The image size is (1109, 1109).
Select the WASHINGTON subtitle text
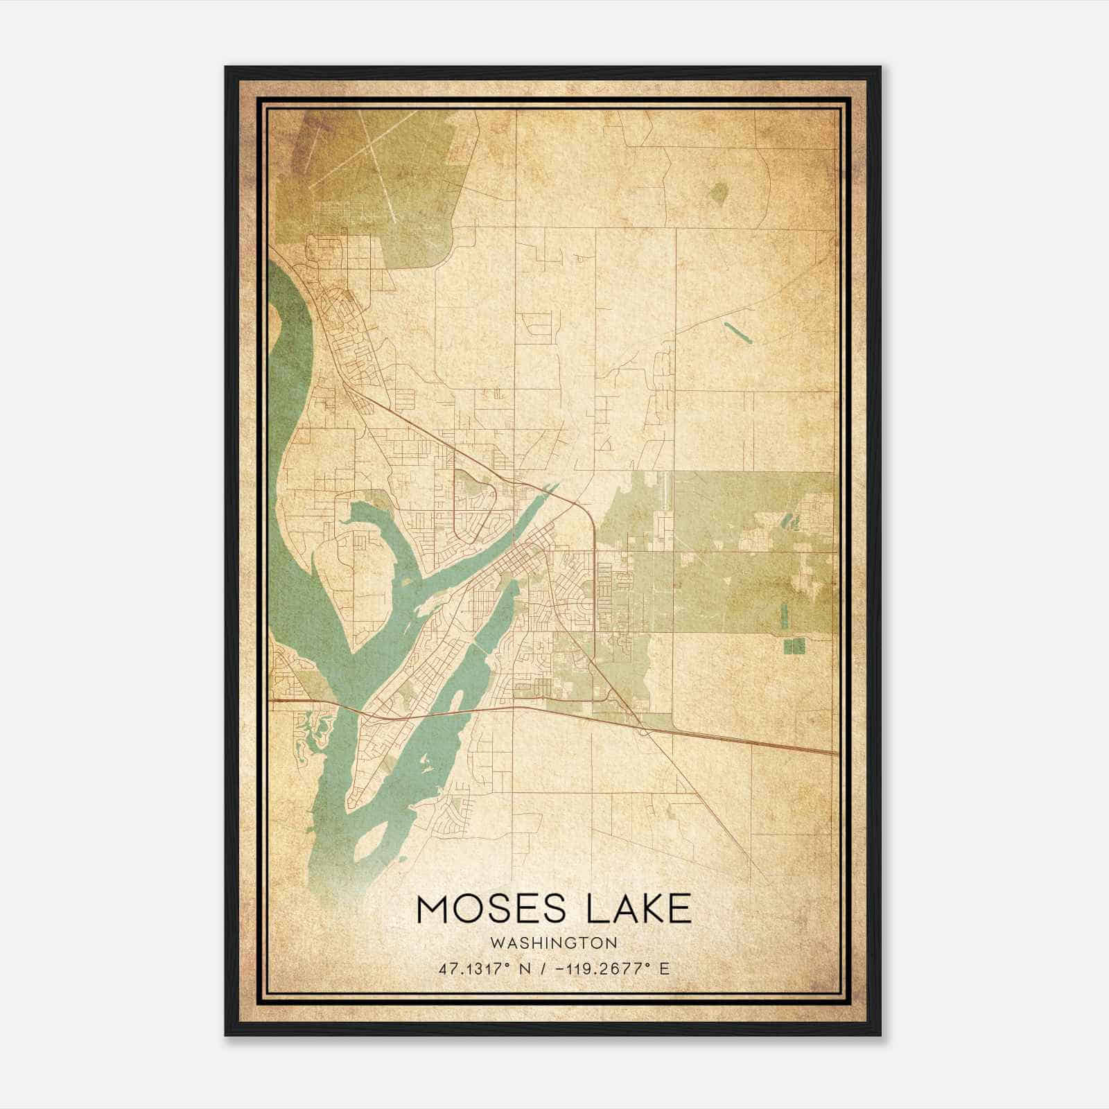pyautogui.click(x=553, y=943)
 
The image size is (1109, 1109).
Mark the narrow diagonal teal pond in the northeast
pyautogui.click(x=736, y=333)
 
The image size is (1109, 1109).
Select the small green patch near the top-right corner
pyautogui.click(x=719, y=192)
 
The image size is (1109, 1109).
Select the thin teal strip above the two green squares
pyautogui.click(x=784, y=615)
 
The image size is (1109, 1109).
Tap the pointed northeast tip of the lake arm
pyautogui.click(x=557, y=484)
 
